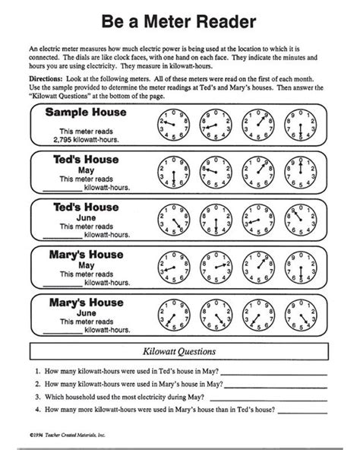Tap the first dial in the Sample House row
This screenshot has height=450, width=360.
click(x=171, y=123)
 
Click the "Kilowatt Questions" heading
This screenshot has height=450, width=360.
click(x=179, y=352)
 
